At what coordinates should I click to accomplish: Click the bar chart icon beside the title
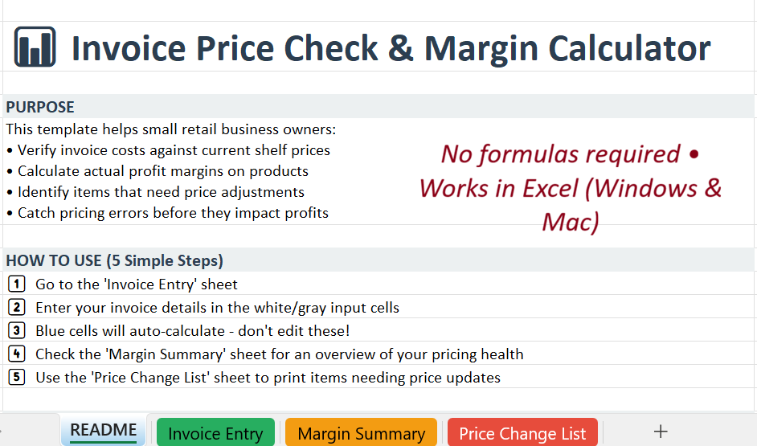click(x=35, y=47)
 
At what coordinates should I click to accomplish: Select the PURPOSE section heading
click(x=40, y=107)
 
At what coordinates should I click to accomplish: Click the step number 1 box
click(x=16, y=284)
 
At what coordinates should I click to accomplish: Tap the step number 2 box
click(x=16, y=307)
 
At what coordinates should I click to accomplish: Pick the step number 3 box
click(x=16, y=330)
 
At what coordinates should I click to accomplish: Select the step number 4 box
click(x=16, y=354)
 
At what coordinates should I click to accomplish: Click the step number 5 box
click(x=16, y=377)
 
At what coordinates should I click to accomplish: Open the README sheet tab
click(x=103, y=431)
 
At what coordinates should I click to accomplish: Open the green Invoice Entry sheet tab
click(x=215, y=434)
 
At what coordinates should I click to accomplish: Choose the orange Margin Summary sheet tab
click(x=361, y=434)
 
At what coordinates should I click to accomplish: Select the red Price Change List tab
click(x=522, y=434)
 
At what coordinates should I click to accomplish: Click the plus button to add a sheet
click(x=661, y=432)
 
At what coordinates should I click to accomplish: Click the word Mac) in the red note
click(x=571, y=221)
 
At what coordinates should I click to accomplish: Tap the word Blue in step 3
click(x=51, y=331)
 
